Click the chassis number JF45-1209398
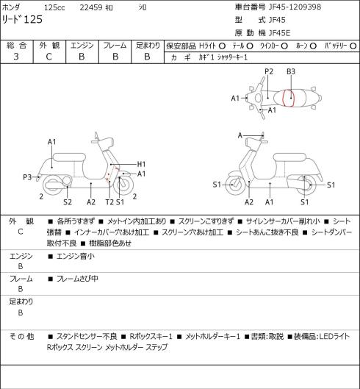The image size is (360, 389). (x=295, y=7)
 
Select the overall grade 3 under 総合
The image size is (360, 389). (x=16, y=57)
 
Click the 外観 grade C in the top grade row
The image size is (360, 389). (x=48, y=57)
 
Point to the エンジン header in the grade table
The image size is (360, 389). (x=82, y=46)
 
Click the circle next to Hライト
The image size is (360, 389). (x=222, y=46)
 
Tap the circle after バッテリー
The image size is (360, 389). (x=353, y=46)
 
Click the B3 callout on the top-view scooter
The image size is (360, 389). (x=291, y=72)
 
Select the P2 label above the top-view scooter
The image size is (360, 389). (x=269, y=72)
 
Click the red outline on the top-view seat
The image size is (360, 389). (x=284, y=98)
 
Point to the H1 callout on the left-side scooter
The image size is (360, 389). (x=141, y=164)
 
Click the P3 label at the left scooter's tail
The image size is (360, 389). (x=27, y=177)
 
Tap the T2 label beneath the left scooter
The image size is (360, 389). (x=109, y=202)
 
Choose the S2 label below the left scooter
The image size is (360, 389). (x=68, y=202)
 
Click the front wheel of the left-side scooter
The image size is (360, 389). (x=123, y=185)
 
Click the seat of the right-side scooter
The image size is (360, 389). (x=289, y=157)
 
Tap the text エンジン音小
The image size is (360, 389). (x=76, y=257)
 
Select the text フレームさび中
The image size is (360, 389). (x=77, y=279)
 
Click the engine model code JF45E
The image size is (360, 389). (x=279, y=33)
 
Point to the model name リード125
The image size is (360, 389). (x=22, y=19)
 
